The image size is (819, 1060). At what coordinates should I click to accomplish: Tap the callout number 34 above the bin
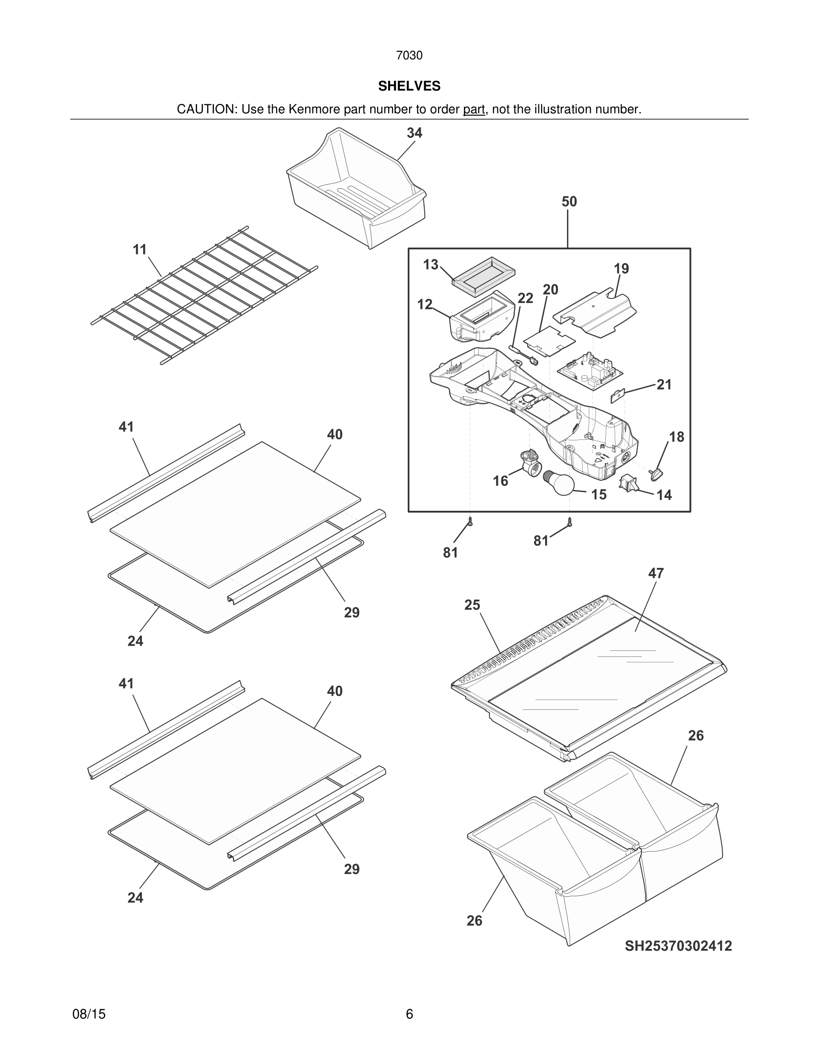(414, 132)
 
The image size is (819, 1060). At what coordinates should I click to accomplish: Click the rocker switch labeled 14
(626, 482)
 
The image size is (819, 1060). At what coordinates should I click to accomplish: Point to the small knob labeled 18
(657, 472)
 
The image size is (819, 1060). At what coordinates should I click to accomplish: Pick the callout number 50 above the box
(569, 201)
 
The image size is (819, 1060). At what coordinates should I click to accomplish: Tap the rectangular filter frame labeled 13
(483, 275)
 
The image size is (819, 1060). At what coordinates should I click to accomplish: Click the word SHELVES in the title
(409, 86)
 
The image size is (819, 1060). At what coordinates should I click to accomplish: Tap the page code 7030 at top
(409, 55)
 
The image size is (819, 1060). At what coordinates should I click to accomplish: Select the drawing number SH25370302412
(678, 946)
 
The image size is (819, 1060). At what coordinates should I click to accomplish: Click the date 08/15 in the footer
(89, 1014)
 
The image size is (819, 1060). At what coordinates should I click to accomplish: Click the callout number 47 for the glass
(655, 573)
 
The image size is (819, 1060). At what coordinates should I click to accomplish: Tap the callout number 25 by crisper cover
(472, 605)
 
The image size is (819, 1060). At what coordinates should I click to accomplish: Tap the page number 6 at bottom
(409, 1014)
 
